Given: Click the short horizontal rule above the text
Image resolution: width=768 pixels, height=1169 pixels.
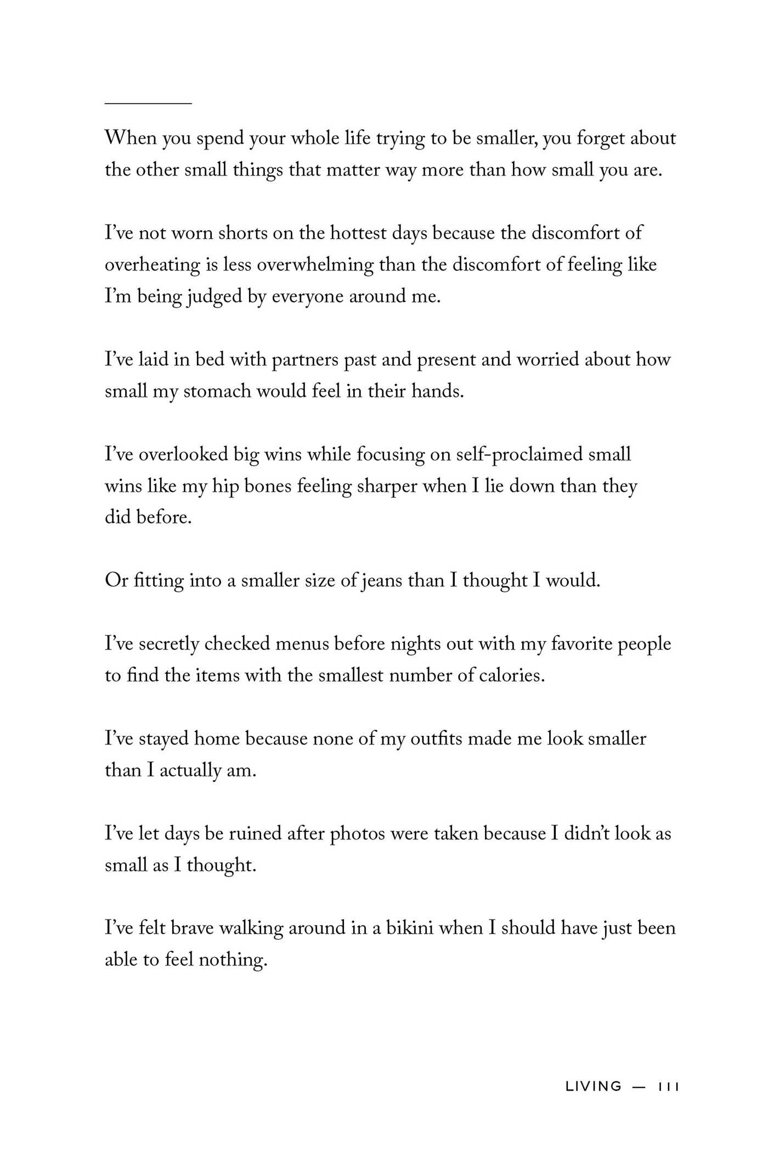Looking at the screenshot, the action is tap(148, 103).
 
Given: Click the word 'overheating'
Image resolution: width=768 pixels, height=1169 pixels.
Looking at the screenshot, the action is tap(152, 265).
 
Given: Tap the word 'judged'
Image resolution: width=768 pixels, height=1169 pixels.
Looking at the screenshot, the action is tap(215, 297).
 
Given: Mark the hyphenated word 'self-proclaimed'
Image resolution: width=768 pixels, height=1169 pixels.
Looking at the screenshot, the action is tap(519, 455).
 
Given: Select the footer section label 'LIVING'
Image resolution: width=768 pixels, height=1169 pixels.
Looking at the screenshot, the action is tap(594, 1086).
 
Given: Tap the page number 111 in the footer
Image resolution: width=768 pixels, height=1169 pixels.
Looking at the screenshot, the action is tap(669, 1086).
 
